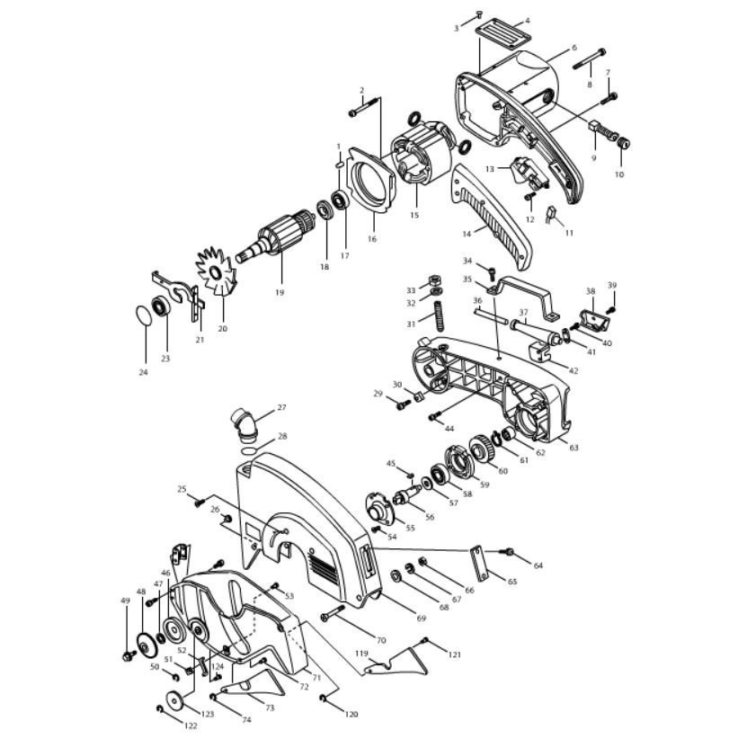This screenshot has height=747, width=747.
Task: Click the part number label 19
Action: coord(280,292)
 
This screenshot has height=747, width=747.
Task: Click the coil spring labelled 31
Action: coord(440,316)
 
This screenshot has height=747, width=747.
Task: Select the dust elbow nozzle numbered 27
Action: coord(245,423)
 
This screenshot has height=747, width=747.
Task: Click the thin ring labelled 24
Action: coord(142,316)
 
